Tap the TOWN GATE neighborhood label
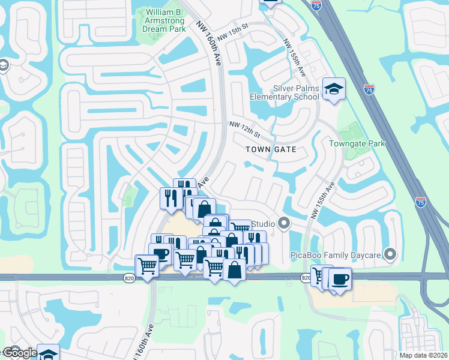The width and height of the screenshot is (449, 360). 271,149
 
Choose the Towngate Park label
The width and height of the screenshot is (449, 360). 357,143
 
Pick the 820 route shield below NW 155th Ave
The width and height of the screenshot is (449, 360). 306,277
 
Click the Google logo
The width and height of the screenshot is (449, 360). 19,352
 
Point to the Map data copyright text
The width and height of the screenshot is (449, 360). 423,355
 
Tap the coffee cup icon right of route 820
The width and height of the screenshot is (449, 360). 340,280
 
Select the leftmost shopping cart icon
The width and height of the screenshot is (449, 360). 147,265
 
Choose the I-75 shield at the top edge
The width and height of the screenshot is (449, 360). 316,4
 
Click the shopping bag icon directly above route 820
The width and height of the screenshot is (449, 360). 234,271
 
